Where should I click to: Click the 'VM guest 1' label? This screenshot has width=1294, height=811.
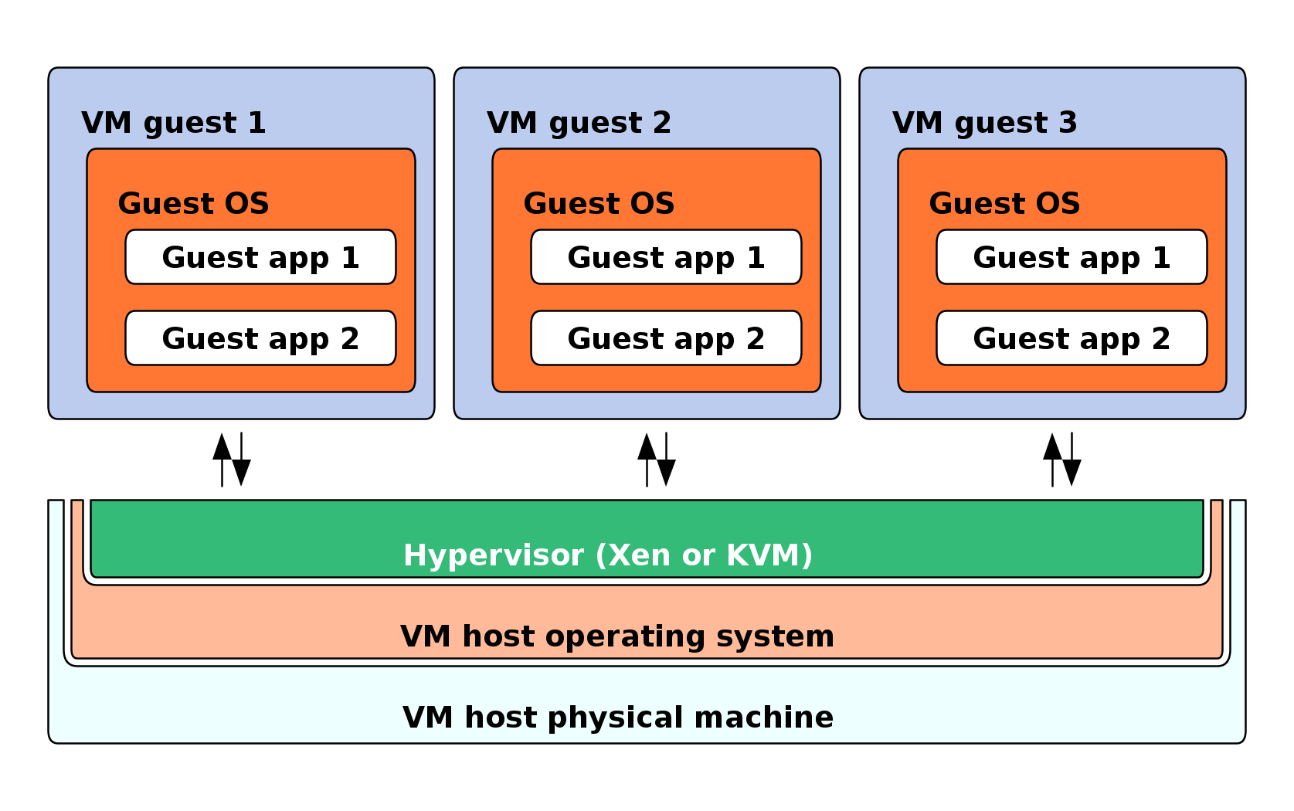coord(174,123)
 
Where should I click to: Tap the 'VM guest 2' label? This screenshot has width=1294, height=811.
coord(579,123)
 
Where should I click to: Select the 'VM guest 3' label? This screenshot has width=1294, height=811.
coord(984,123)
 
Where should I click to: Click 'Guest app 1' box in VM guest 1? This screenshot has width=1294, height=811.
coord(260,257)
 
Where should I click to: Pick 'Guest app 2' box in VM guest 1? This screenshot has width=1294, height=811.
coord(260,338)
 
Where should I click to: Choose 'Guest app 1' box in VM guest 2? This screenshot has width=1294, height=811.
coord(666,257)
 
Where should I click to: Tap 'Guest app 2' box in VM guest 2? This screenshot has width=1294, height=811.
coord(666,338)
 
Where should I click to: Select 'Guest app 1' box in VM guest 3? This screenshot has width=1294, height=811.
coord(1072,257)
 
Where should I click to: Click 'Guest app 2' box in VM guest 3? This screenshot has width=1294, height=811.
coord(1072,338)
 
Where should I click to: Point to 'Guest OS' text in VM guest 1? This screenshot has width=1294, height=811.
coord(193,204)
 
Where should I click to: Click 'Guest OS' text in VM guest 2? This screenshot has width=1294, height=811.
coord(599,204)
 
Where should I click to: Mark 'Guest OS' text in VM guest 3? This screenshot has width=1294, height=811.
coord(1004,204)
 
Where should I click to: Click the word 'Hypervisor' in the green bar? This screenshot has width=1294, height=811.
coord(494,555)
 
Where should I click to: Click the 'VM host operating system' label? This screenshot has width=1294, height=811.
coord(617,636)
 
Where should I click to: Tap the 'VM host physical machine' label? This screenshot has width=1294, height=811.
coord(618,718)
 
